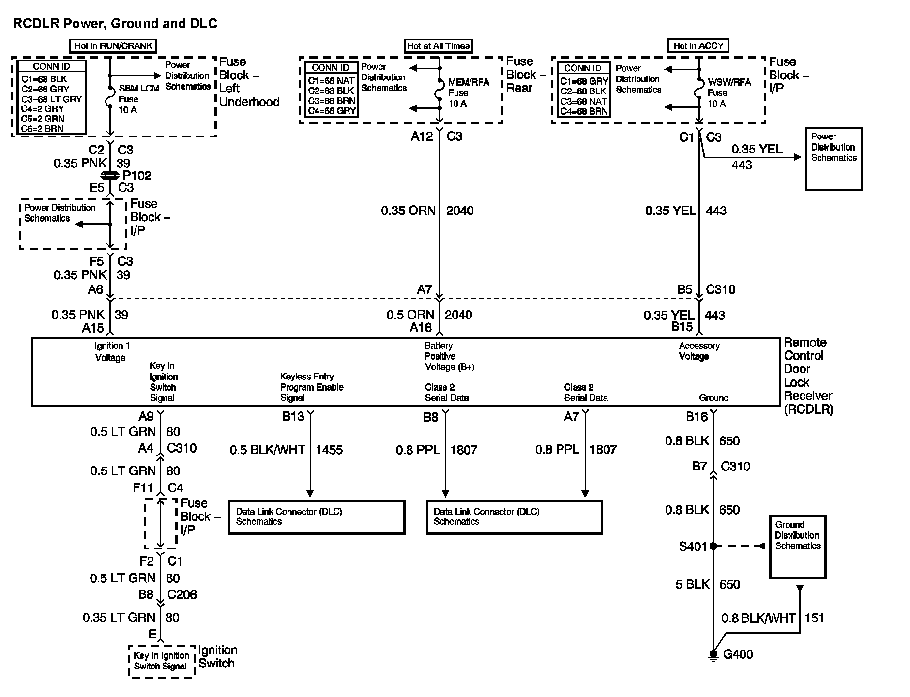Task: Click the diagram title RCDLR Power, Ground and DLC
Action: point(115,23)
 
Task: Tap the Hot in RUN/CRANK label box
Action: point(113,46)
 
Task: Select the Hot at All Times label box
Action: point(439,46)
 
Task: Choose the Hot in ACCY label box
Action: point(698,45)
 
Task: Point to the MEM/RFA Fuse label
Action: point(468,93)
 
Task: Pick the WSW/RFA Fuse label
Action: point(729,93)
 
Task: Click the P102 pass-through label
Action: point(137,176)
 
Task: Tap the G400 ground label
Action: point(738,654)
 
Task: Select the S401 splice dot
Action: point(713,546)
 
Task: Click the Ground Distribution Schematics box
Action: point(798,547)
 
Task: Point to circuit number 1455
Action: point(329,450)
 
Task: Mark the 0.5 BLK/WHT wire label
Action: point(267,450)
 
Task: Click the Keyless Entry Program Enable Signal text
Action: point(312,387)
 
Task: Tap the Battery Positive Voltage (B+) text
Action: point(449,356)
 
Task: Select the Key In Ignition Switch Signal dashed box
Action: point(162,661)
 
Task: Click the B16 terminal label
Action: point(697,417)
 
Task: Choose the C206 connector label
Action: point(182,594)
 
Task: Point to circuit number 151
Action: point(814,618)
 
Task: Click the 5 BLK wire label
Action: point(692,585)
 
